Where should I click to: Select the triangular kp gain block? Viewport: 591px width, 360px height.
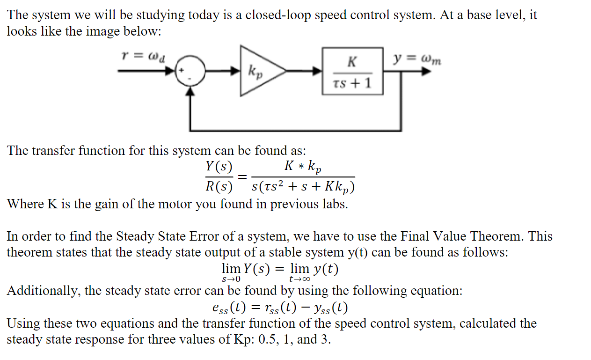[x=259, y=71]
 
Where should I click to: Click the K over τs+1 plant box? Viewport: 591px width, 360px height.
[x=352, y=71]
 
